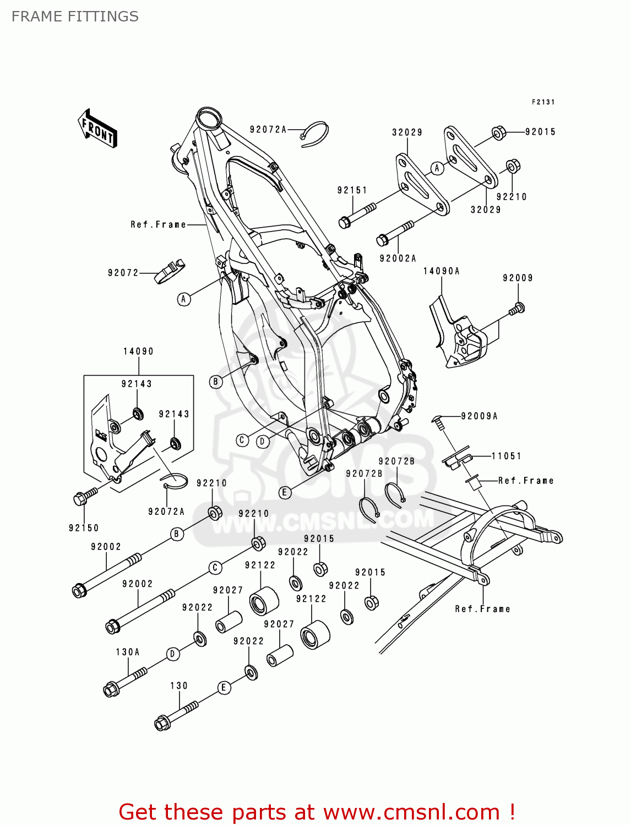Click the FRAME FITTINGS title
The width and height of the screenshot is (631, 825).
[x=75, y=16]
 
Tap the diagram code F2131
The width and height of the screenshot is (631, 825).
[x=543, y=102]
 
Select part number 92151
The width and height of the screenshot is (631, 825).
[x=352, y=190]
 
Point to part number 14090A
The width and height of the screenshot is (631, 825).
[x=441, y=271]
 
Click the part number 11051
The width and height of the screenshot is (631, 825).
[x=506, y=456]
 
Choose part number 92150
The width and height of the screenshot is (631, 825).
[x=84, y=528]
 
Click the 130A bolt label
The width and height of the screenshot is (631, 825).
[x=128, y=652]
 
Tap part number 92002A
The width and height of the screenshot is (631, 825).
[x=398, y=258]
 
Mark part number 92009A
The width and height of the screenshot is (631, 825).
[x=479, y=416]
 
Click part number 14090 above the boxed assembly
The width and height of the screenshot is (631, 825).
[x=138, y=351]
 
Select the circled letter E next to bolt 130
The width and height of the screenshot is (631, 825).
[x=224, y=687]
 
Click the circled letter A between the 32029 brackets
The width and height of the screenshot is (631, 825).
[x=437, y=168]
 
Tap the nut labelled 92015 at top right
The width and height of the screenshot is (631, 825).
[x=498, y=133]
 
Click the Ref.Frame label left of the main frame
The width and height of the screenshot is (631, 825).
[x=159, y=224]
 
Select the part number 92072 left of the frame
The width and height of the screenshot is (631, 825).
[x=123, y=273]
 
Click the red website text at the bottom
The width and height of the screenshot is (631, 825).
[x=317, y=812]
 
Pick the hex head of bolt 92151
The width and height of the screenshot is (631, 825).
[x=344, y=222]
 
